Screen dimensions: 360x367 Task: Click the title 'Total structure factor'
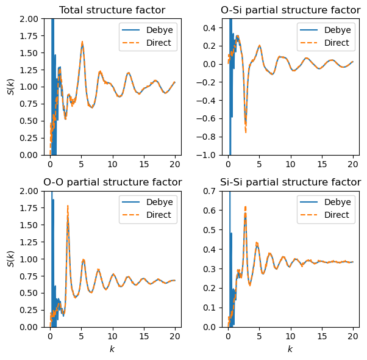pos(112,10)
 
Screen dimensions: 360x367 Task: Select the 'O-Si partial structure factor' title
pos(290,10)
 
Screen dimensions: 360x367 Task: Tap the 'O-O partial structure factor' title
pos(112,182)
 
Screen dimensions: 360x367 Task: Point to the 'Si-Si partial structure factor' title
pos(290,182)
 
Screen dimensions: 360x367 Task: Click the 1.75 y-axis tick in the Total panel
pos(31,36)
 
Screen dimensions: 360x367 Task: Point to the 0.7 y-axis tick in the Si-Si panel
pos(213,191)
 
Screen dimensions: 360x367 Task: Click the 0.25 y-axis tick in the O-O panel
pos(31,310)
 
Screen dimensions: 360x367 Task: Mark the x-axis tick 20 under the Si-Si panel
pos(353,335)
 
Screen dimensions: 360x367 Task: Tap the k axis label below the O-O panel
pos(112,349)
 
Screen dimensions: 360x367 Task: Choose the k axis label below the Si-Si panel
pos(290,349)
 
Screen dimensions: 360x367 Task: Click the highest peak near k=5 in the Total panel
pos(82,43)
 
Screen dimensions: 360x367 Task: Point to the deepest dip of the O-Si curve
pos(246,131)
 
